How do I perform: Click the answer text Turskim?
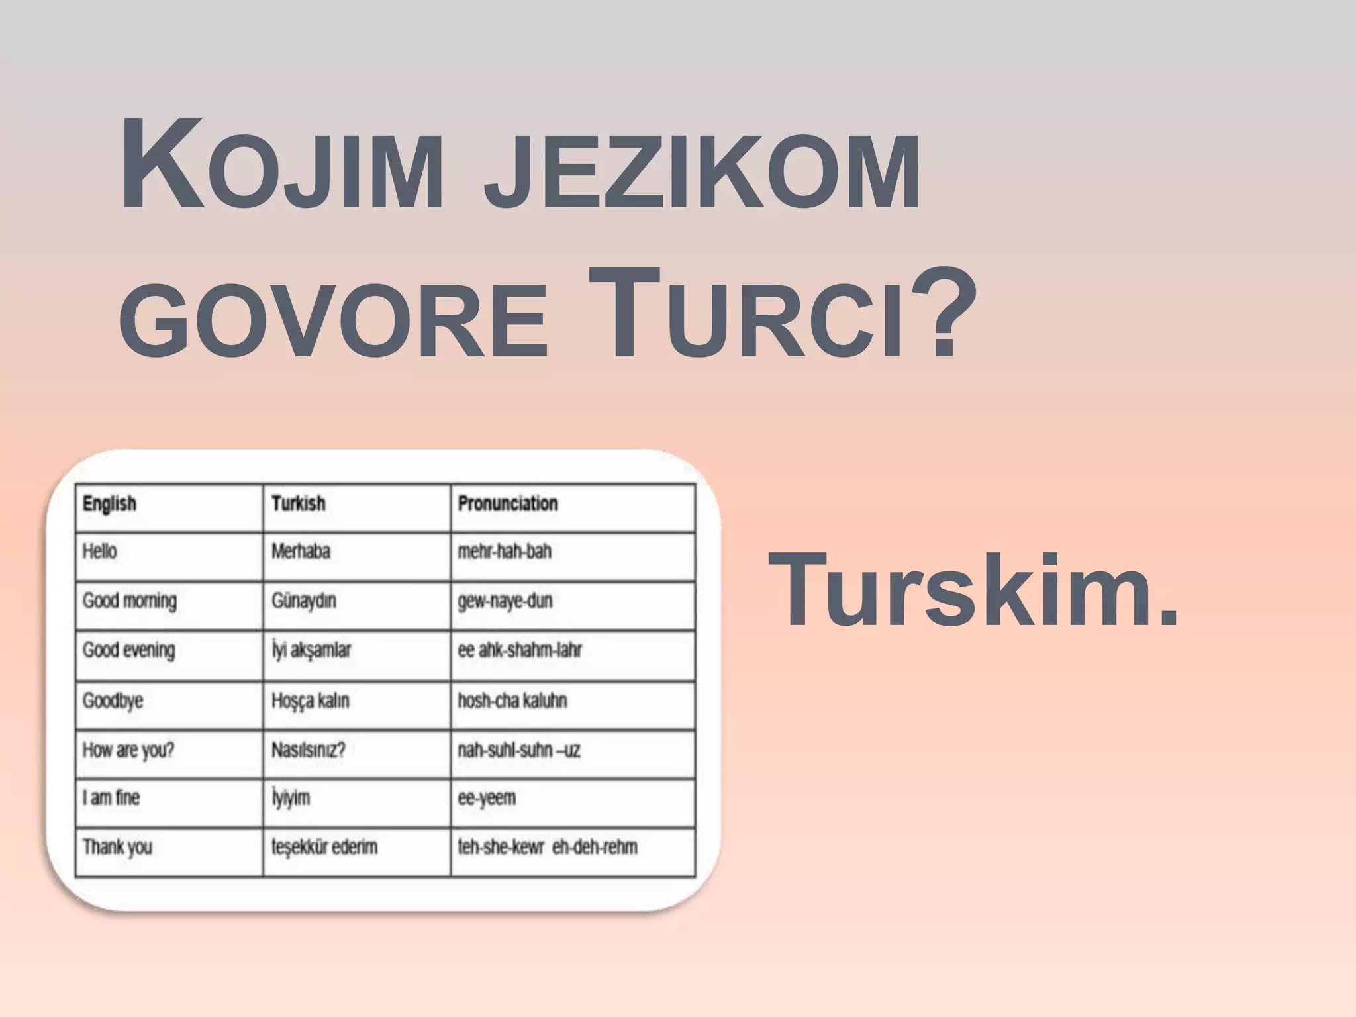tap(973, 589)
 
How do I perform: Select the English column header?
tap(109, 504)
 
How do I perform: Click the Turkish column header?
tap(299, 504)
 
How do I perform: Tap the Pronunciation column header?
tap(508, 504)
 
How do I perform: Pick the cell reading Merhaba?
tap(301, 552)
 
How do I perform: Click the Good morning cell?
tap(130, 601)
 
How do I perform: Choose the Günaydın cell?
tap(304, 601)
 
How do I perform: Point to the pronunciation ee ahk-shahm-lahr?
tap(520, 650)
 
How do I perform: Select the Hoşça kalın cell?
tap(310, 701)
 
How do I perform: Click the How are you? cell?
tap(128, 750)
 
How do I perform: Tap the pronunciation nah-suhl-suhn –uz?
tap(519, 750)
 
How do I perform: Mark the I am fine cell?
tap(111, 798)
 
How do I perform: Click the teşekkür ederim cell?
tap(324, 847)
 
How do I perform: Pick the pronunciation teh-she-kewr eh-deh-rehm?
tap(548, 847)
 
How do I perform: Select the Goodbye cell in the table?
tap(113, 701)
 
